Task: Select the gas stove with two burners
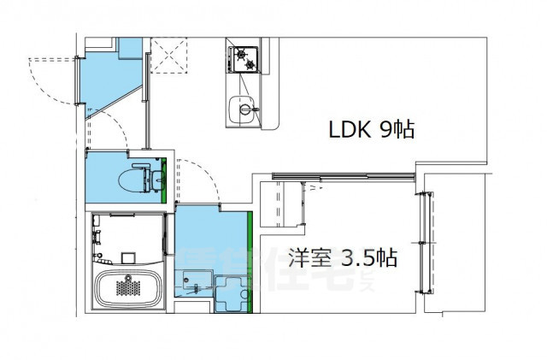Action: tap(244, 58)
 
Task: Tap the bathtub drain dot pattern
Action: tap(129, 277)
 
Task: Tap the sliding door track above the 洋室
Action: tap(342, 178)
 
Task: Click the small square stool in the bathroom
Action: tap(128, 256)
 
